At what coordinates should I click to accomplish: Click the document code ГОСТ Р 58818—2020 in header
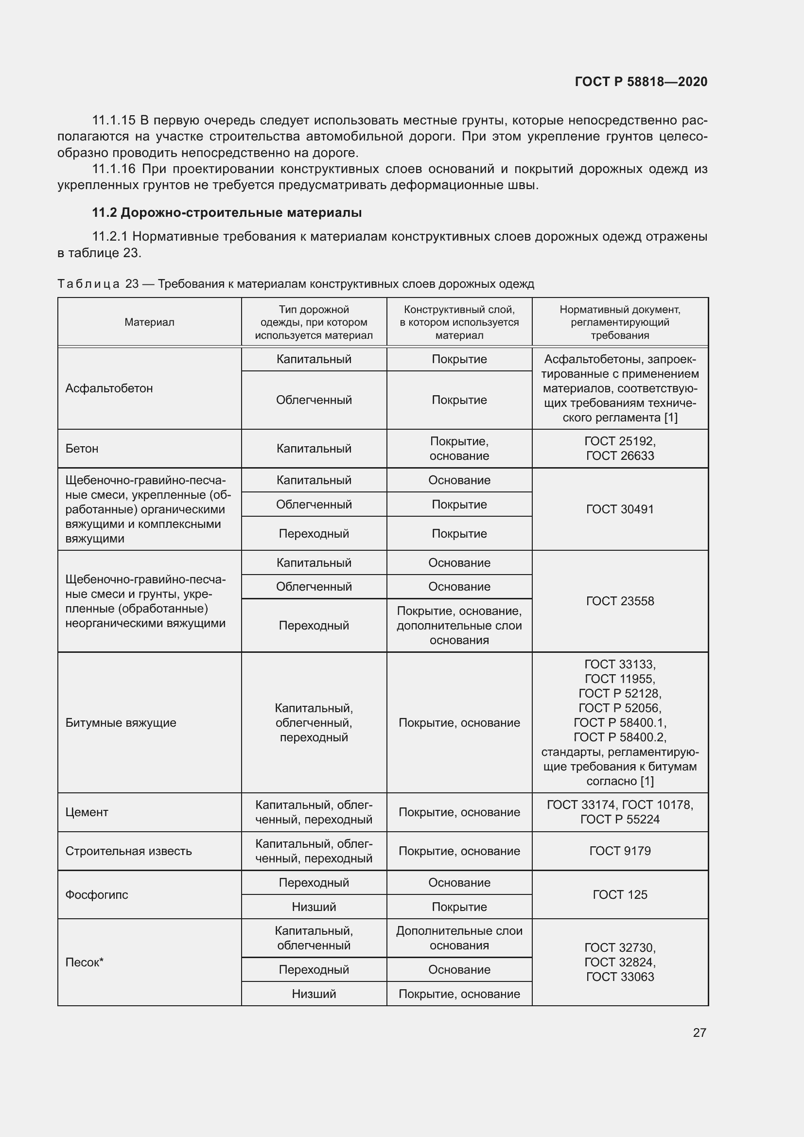641,82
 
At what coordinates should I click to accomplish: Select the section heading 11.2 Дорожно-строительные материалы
227,212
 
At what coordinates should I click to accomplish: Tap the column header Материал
149,322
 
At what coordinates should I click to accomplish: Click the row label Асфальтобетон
109,388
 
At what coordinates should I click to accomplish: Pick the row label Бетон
82,449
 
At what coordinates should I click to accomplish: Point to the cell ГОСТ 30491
619,509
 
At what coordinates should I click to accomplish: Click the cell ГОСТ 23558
619,601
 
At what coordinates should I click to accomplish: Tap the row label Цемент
87,812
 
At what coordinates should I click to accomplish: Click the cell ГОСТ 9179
619,851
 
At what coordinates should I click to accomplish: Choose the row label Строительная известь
128,851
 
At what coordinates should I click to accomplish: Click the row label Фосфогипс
97,895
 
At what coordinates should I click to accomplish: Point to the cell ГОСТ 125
619,895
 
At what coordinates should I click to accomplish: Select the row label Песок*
84,962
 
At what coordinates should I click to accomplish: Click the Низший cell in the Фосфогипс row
314,907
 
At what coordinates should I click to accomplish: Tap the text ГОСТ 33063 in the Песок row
619,977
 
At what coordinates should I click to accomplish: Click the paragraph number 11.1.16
113,169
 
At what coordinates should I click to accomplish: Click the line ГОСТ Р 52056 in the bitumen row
619,708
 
